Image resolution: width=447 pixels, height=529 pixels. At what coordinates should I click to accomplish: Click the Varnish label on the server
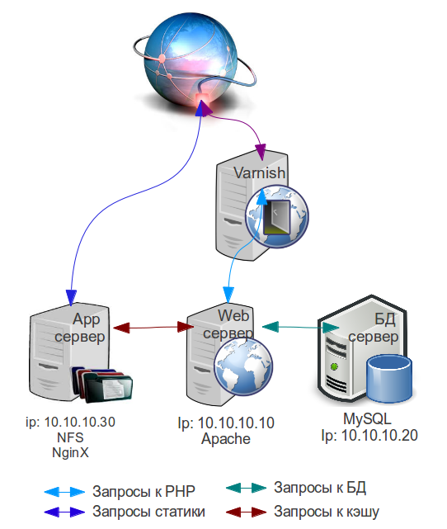click(x=260, y=172)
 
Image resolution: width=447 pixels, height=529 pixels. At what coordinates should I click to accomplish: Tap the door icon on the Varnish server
click(x=276, y=217)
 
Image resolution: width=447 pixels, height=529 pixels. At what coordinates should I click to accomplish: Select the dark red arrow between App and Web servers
click(x=153, y=328)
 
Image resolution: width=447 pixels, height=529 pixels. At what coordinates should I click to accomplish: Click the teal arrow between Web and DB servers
click(x=300, y=327)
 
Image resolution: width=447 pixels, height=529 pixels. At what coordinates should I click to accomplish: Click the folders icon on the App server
click(x=102, y=385)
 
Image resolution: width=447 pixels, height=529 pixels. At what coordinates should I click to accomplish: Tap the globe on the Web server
click(x=243, y=366)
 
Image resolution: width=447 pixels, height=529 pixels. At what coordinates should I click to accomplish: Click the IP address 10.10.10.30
click(x=80, y=422)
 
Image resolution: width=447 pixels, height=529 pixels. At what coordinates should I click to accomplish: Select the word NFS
click(x=70, y=437)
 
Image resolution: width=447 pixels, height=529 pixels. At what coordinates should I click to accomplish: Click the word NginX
click(x=70, y=453)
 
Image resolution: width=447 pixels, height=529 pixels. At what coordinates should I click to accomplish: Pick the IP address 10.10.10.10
click(x=236, y=423)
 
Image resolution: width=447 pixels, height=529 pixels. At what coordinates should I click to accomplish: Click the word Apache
click(x=226, y=439)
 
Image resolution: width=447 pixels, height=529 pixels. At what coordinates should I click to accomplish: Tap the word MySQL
click(x=367, y=419)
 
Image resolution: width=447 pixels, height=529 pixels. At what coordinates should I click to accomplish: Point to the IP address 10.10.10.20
click(x=379, y=436)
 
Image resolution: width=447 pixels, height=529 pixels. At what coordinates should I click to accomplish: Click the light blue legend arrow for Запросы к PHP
click(x=64, y=492)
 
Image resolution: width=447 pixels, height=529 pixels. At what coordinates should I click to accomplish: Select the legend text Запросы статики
click(x=148, y=512)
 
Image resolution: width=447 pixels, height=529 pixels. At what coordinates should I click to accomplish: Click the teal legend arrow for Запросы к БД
click(x=246, y=488)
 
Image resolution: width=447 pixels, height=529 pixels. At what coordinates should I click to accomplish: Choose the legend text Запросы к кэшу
click(x=327, y=512)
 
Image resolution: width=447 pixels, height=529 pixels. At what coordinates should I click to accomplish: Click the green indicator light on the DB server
click(x=334, y=366)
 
